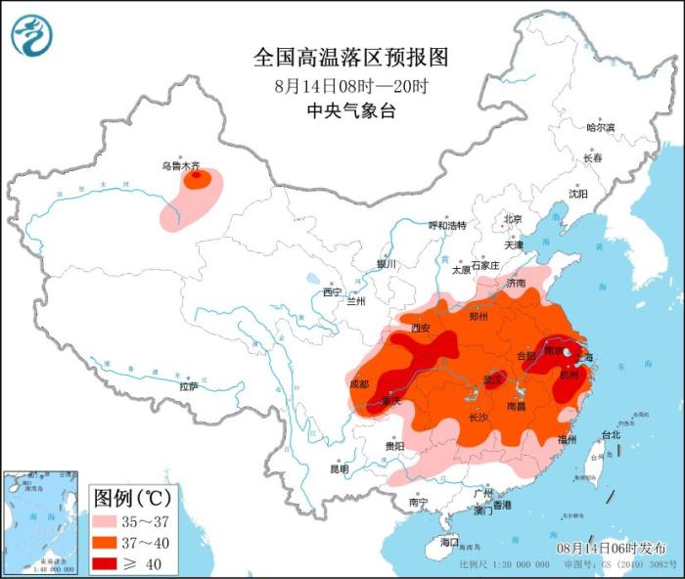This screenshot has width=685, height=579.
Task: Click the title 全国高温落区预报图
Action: coord(350,58)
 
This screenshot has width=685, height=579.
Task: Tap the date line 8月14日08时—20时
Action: coord(351,85)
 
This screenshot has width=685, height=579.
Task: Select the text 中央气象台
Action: coord(351,111)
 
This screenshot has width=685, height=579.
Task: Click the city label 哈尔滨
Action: coord(600,127)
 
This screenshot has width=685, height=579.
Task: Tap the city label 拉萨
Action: coord(189,386)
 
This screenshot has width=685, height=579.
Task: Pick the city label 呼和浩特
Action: coord(447,225)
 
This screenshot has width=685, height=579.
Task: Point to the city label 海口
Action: coord(449,541)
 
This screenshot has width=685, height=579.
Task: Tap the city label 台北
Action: coord(611,433)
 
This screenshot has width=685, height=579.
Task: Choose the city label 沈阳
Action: coord(578,194)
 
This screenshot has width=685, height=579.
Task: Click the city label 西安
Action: coord(421,329)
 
